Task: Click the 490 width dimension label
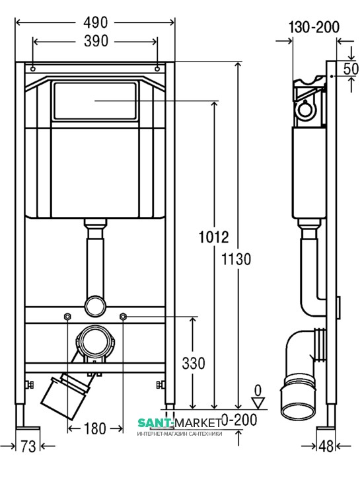pos(95,22)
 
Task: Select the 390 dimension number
pos(96,41)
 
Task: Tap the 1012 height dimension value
pos(213,237)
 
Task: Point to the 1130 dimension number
pos(236,259)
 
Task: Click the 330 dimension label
pos(194,364)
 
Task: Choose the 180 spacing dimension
pos(95,428)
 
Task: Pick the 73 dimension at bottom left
pos(28,446)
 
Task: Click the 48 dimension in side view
pos(326,446)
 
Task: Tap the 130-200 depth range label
pos(314,27)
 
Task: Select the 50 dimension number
pos(351,69)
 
